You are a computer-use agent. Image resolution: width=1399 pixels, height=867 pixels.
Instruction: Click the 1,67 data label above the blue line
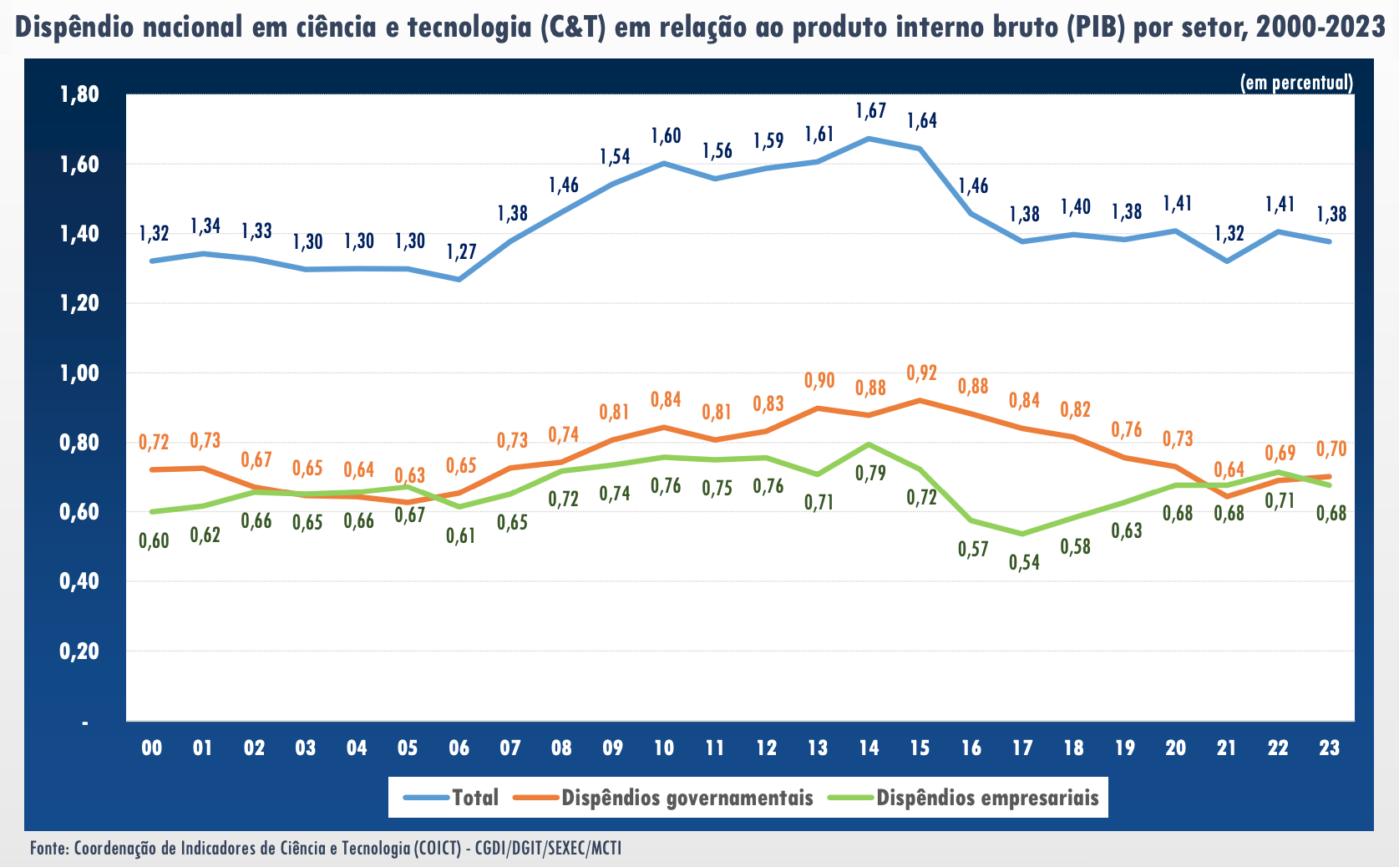(870, 110)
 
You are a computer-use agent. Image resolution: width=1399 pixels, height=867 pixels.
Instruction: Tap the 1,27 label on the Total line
(461, 251)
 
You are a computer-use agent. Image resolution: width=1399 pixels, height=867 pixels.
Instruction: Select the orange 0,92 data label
(922, 373)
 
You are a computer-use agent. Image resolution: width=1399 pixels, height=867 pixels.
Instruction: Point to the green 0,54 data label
(1024, 562)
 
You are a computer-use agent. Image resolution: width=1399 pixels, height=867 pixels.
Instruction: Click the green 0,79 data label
(870, 474)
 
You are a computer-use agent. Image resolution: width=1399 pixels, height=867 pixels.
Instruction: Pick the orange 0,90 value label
(819, 381)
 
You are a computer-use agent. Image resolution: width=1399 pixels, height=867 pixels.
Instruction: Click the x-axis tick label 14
(869, 748)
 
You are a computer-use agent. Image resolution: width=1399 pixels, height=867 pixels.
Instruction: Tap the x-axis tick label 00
(152, 748)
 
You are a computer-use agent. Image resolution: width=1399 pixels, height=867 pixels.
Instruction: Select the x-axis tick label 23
(1329, 748)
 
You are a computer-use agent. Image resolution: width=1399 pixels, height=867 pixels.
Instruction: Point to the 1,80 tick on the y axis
(79, 94)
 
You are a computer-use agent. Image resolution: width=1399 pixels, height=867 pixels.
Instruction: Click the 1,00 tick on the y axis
(79, 373)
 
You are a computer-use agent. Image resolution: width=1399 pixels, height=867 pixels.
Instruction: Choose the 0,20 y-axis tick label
(79, 651)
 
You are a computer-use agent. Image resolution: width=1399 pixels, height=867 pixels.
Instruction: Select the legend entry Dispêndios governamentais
(687, 798)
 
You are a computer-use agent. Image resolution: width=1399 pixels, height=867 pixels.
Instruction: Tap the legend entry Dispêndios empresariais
(987, 798)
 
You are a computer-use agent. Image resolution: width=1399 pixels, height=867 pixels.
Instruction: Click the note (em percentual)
(1296, 83)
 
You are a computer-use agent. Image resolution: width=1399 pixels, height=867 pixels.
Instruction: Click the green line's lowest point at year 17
(1022, 534)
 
